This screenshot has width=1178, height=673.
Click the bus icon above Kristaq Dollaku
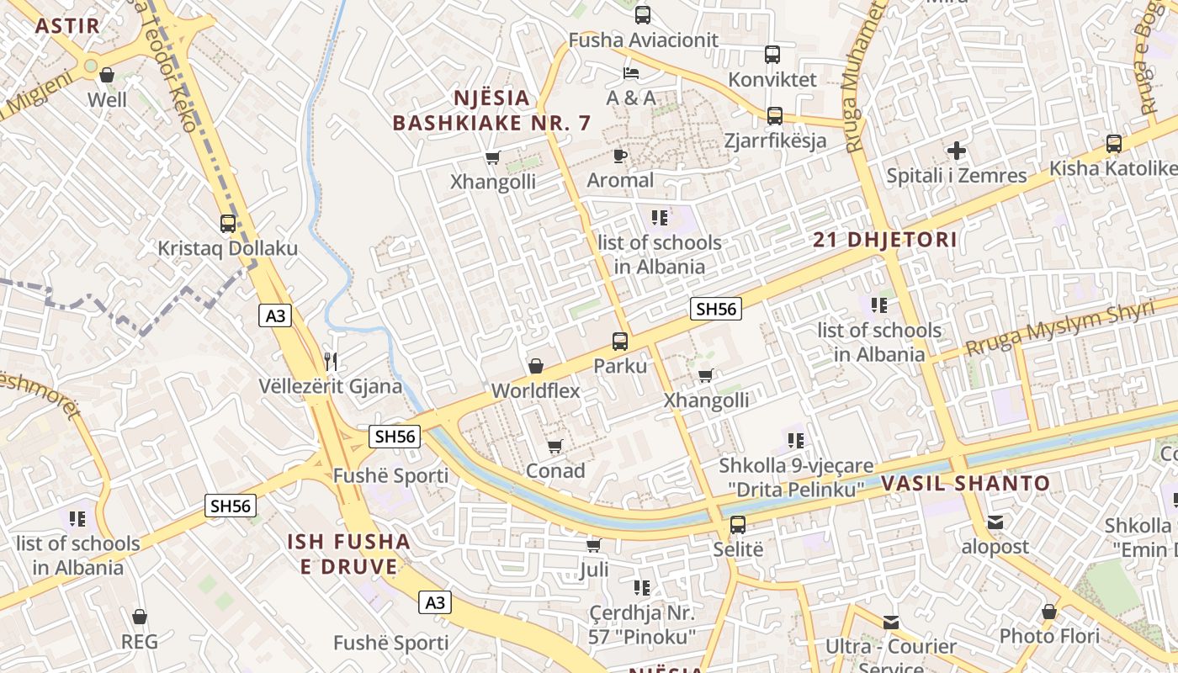tap(228, 224)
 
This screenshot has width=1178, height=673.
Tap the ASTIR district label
tap(67, 25)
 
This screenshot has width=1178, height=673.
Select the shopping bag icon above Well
tap(107, 76)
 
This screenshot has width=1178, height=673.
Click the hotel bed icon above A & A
tap(631, 73)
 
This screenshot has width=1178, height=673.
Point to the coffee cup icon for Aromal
tap(620, 156)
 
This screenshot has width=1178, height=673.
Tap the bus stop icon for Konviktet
tap(772, 55)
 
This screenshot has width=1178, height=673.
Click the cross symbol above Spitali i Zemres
tap(957, 151)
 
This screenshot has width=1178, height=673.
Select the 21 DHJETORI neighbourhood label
tap(885, 240)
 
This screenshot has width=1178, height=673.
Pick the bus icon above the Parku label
tap(620, 342)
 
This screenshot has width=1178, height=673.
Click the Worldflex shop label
tap(536, 391)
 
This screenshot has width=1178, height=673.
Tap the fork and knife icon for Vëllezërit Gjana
tap(331, 362)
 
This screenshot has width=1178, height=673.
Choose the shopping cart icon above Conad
tap(555, 447)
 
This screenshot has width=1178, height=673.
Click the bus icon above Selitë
tap(738, 525)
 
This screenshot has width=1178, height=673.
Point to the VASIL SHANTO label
tap(966, 484)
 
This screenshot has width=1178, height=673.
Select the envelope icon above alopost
tap(995, 522)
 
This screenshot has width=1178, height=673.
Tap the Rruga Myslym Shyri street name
tap(1059, 329)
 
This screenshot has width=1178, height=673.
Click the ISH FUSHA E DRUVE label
tap(349, 554)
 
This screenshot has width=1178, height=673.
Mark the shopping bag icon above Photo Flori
tap(1049, 612)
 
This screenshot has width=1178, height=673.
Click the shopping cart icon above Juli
tap(594, 546)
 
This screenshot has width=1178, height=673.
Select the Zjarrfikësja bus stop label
tap(775, 140)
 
